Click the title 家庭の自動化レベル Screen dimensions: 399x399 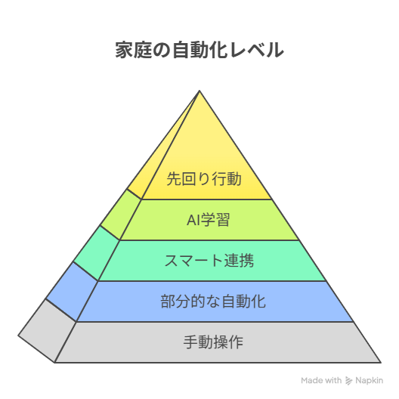pos(199,50)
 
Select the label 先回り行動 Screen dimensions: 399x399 pos(204,179)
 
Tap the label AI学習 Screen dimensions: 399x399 pos(208,220)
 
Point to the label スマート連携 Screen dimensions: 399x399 pos(209,261)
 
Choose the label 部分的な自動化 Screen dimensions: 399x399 pos(213,302)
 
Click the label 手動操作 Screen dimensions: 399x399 pos(213,342)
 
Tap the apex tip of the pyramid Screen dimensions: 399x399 pos(199,91)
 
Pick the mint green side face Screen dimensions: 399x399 pos(97,253)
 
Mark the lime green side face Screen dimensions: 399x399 pos(121,215)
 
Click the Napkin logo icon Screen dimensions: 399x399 pos(348,381)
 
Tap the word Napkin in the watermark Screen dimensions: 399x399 pos(369,380)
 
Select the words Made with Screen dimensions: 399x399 pos(321,380)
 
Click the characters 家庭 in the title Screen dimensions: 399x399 pos(134,50)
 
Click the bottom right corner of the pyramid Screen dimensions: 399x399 pos(381,363)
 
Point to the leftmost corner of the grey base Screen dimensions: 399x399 pos(18,336)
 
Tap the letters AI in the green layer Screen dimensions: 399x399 pos(193,220)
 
